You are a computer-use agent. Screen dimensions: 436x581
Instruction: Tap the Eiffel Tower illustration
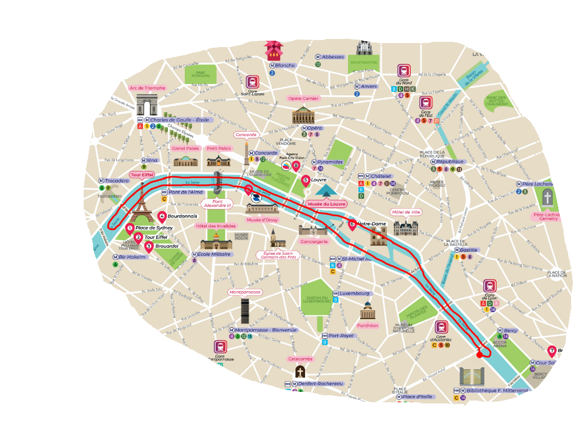tap(141, 201)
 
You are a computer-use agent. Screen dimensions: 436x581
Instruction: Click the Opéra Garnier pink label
tap(303, 98)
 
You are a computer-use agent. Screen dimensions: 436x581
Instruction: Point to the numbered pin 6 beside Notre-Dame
tap(352, 223)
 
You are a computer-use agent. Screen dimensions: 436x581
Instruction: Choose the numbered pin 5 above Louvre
tap(306, 180)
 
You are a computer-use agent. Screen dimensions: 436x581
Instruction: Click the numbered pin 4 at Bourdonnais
tap(162, 216)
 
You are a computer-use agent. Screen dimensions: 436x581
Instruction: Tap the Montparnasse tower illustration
tap(245, 311)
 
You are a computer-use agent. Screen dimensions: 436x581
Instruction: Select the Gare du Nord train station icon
tap(404, 70)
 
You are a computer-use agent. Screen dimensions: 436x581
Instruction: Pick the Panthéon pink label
tap(367, 326)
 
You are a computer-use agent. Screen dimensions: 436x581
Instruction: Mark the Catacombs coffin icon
tap(300, 372)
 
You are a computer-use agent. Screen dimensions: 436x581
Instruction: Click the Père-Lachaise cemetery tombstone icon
tap(548, 199)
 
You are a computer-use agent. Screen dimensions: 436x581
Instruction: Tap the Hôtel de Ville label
tap(406, 212)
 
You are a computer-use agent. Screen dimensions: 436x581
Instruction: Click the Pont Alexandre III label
tap(217, 203)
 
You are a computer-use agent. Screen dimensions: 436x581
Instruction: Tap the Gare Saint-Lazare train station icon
tap(252, 82)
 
